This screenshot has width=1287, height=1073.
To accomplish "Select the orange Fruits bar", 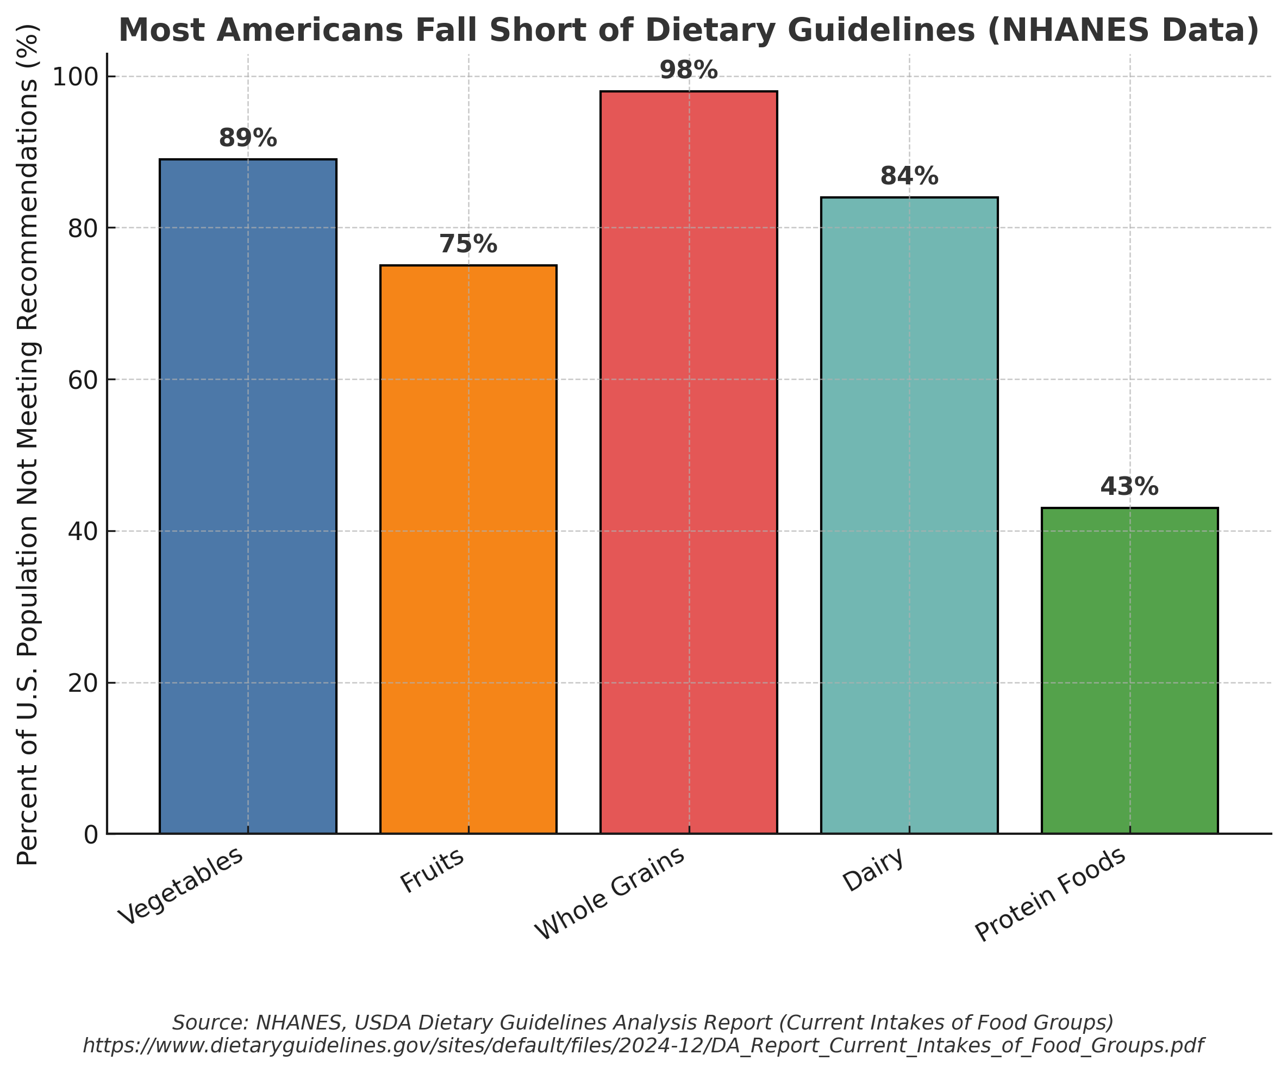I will point(468,549).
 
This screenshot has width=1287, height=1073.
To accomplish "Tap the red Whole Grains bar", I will point(689,462).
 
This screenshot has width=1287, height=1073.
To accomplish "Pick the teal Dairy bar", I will point(909,515).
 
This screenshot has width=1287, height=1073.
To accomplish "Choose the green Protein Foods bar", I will point(1129,670).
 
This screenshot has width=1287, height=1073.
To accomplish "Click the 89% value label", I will point(248,139).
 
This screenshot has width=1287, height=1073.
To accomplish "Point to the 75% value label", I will point(468,245).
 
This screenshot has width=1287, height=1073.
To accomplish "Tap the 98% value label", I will point(689,71).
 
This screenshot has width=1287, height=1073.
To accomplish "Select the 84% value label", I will point(909,177).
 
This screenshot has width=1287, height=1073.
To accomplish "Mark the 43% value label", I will point(1129,487).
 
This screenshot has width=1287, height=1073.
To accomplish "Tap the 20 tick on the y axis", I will point(83,683).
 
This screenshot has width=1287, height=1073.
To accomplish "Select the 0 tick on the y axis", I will point(91,834).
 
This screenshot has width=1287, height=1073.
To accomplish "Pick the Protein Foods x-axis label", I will point(1051,895).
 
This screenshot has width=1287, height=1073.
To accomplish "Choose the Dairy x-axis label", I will point(873,871).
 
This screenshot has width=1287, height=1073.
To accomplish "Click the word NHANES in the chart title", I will point(1070,30).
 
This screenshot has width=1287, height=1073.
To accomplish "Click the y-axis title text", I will point(28,444).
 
